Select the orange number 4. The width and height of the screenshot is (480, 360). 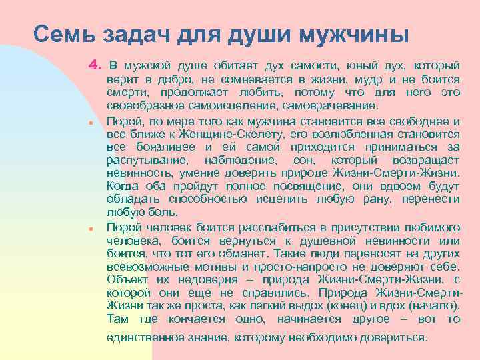(x=93, y=66)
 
